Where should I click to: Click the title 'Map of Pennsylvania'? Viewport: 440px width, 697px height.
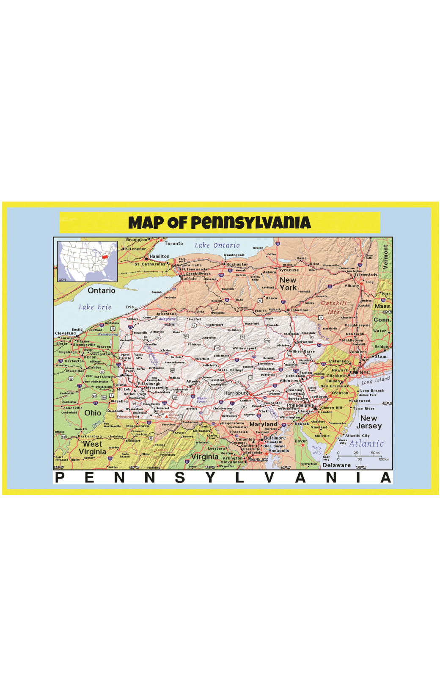pyautogui.click(x=220, y=223)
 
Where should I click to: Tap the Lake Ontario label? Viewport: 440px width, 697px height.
pyautogui.click(x=217, y=245)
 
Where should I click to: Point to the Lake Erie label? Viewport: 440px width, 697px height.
pyautogui.click(x=95, y=307)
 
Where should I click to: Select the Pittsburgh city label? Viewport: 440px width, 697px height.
pyautogui.click(x=149, y=384)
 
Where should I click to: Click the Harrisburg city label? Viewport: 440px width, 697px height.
pyautogui.click(x=236, y=393)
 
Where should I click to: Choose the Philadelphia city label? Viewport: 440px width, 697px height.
pyautogui.click(x=300, y=405)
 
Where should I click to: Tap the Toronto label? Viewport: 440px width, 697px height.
pyautogui.click(x=174, y=243)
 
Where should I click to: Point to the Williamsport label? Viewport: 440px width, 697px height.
pyautogui.click(x=245, y=348)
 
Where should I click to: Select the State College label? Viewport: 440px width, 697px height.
pyautogui.click(x=230, y=370)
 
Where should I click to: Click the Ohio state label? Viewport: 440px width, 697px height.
pyautogui.click(x=93, y=413)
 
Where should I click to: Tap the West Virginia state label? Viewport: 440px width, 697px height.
pyautogui.click(x=92, y=448)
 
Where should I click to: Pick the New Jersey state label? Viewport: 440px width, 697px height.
pyautogui.click(x=368, y=422)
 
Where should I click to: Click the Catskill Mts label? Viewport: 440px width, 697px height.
pyautogui.click(x=334, y=307)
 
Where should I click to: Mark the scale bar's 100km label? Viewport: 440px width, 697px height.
pyautogui.click(x=384, y=459)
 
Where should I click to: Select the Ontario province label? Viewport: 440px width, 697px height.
pyautogui.click(x=102, y=290)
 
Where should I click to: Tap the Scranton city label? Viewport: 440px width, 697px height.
pyautogui.click(x=305, y=342)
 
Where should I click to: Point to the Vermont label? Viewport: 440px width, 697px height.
pyautogui.click(x=385, y=257)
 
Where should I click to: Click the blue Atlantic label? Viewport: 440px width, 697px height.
pyautogui.click(x=366, y=444)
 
